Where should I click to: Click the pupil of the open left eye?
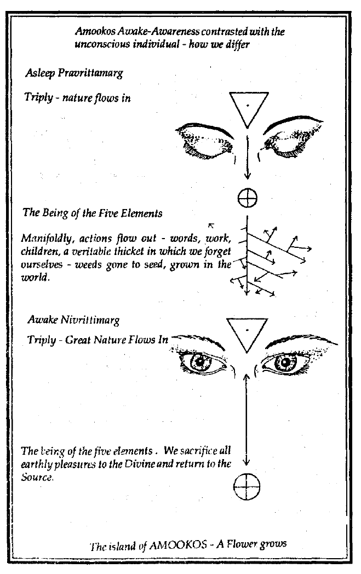[201, 361]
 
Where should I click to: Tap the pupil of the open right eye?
[287, 361]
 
